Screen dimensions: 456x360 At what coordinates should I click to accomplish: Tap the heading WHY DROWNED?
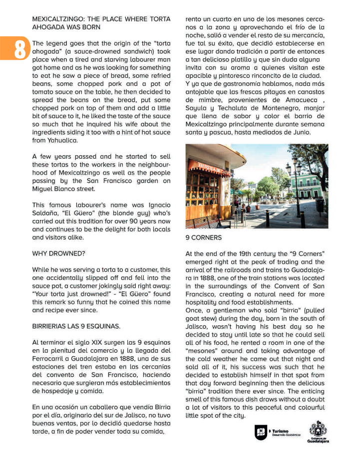(58, 253)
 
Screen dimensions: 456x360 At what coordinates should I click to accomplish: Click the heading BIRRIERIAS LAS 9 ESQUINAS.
(76, 326)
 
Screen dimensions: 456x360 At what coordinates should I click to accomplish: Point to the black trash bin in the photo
(320, 204)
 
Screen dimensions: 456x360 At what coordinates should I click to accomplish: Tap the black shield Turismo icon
(261, 432)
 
